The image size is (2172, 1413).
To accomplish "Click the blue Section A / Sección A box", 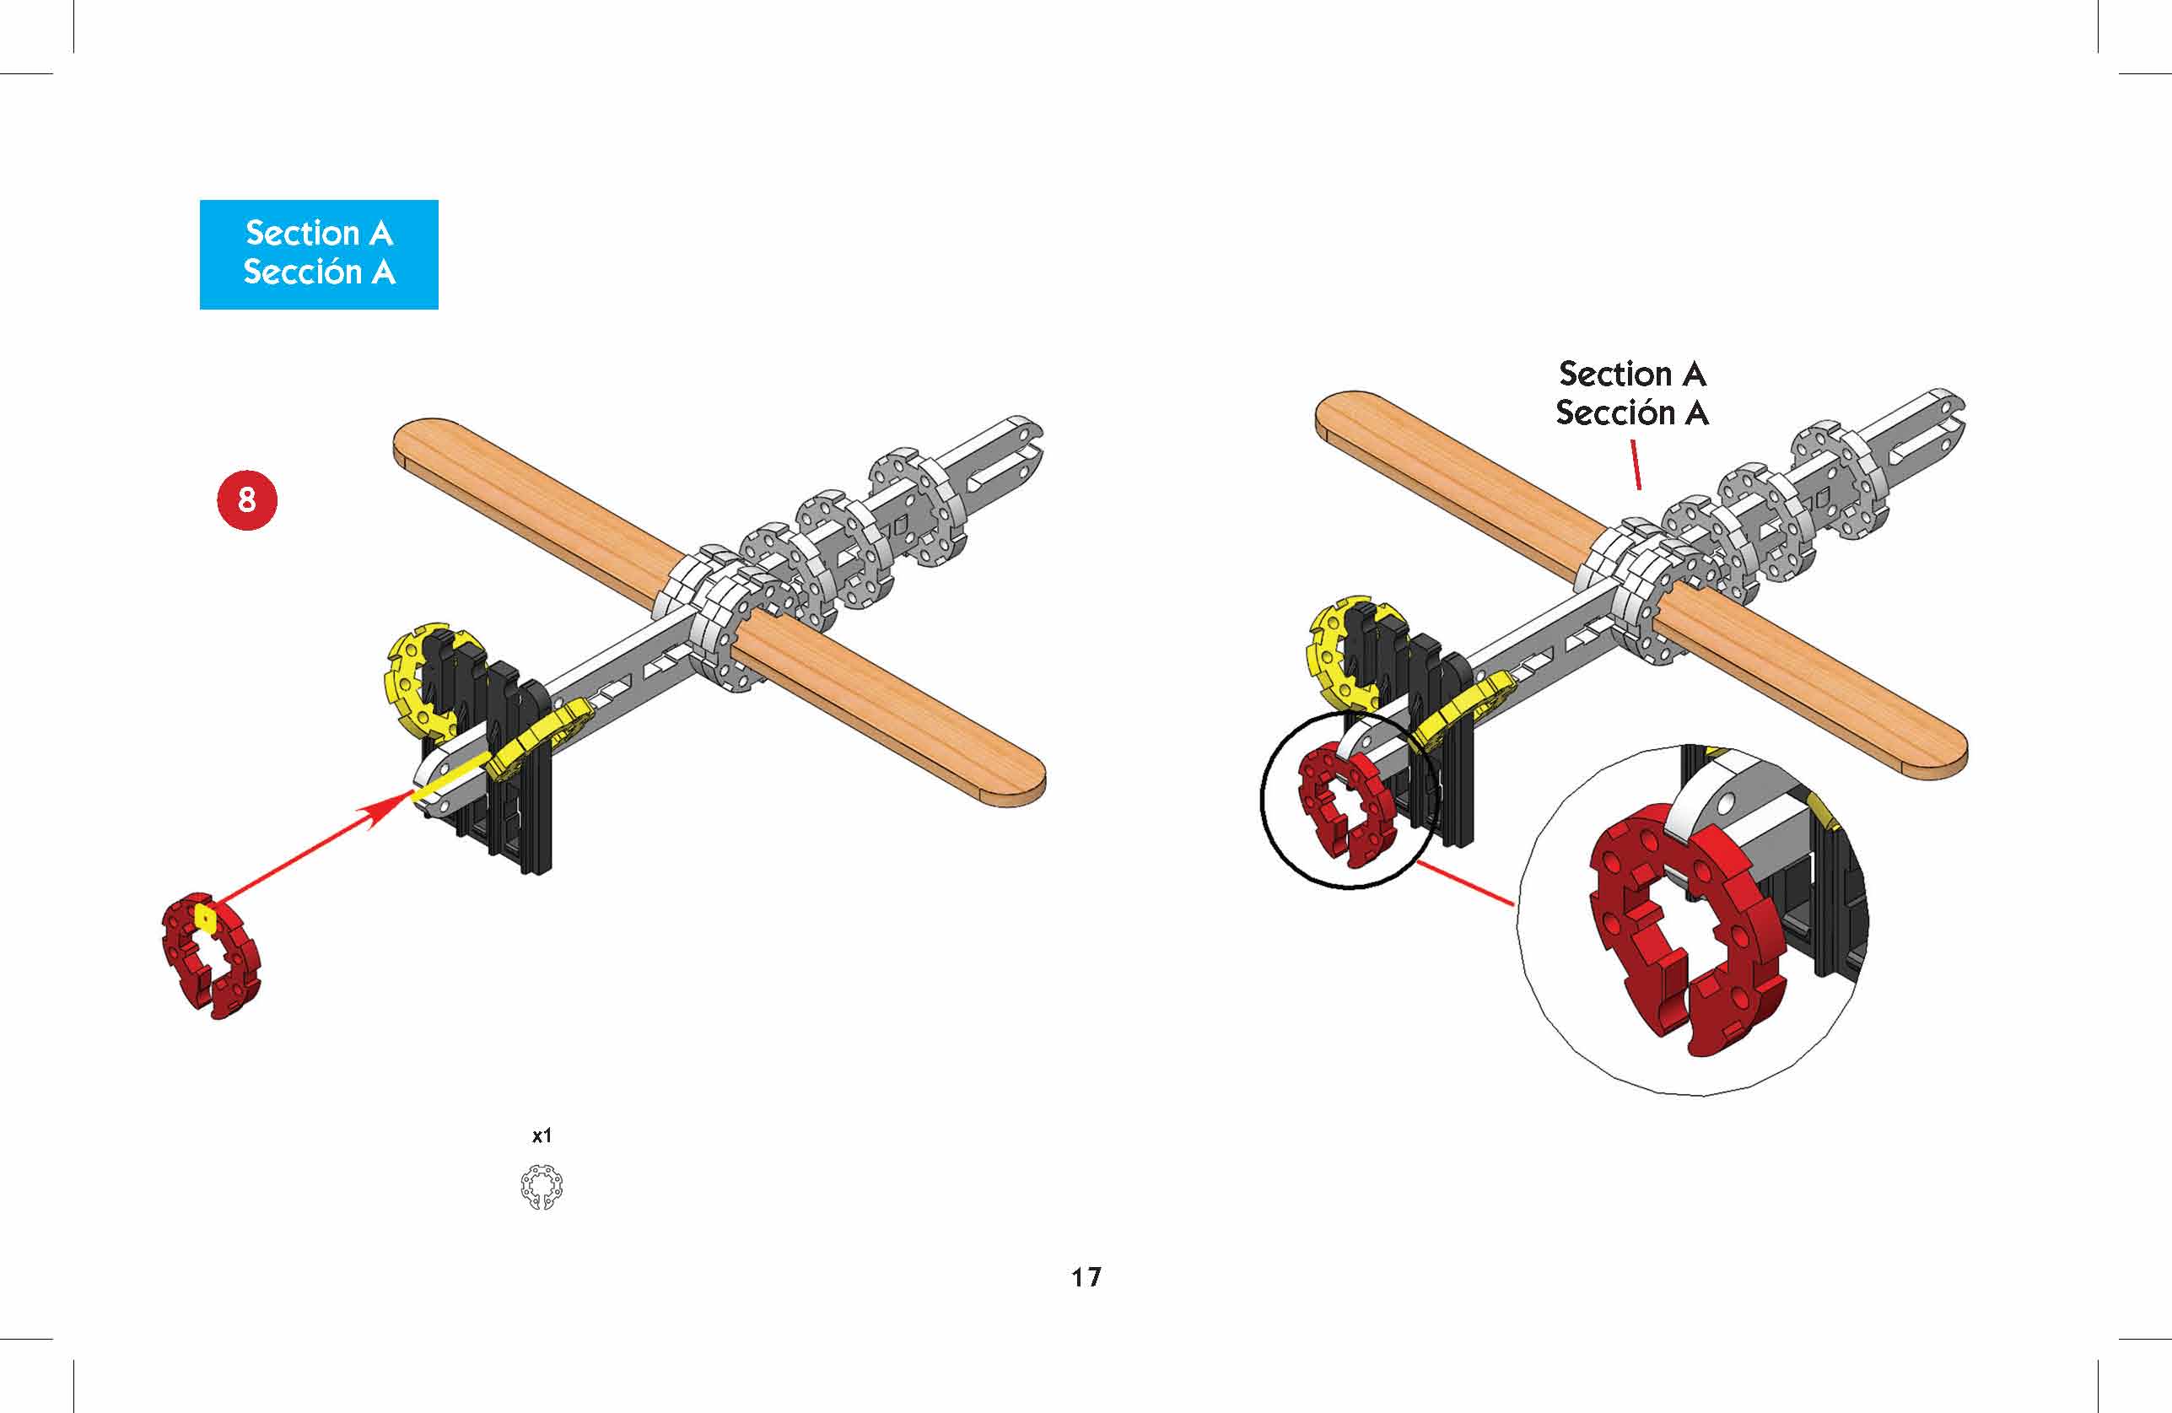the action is click(x=319, y=254).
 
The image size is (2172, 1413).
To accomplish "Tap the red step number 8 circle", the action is click(x=246, y=499).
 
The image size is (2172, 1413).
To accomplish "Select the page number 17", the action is click(x=1086, y=1277).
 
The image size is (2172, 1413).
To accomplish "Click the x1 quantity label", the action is click(x=542, y=1135).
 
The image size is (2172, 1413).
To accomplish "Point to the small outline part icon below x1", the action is click(x=542, y=1188).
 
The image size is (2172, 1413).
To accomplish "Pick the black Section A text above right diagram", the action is click(x=1631, y=374).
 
